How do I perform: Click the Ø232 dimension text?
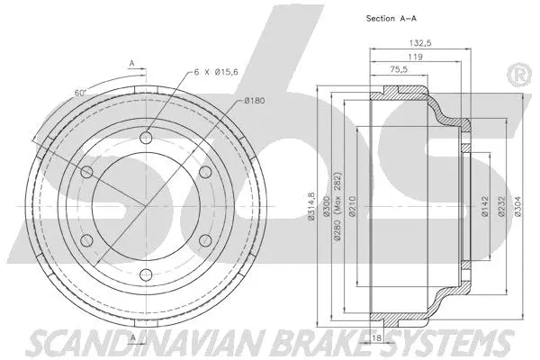[x=501, y=208]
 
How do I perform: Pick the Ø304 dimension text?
[x=517, y=208]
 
